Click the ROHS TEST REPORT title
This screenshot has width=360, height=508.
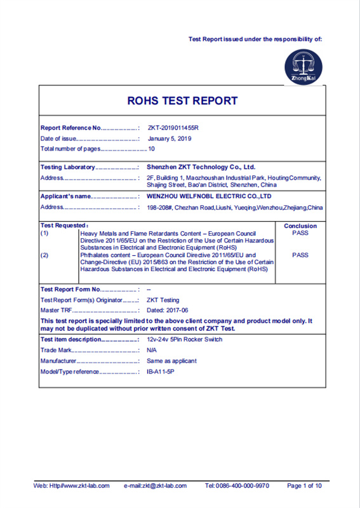point(182,101)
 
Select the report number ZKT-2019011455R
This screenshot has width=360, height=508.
point(173,128)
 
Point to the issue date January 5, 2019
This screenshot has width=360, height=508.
point(169,138)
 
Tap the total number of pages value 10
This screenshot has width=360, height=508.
point(152,149)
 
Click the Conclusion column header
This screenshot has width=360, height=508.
point(300,226)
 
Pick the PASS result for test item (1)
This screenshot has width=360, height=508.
point(300,233)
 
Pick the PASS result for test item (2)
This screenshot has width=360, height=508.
point(300,255)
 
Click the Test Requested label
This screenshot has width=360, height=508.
point(64,225)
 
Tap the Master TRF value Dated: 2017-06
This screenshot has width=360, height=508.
point(168,310)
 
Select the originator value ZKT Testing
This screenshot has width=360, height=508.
point(163,300)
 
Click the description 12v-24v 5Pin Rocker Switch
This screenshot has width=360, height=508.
point(185,340)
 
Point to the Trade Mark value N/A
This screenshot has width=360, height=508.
point(152,350)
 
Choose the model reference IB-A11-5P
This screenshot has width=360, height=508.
point(160,371)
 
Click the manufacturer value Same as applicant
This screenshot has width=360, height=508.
point(171,361)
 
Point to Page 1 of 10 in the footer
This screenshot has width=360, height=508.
point(304,486)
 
